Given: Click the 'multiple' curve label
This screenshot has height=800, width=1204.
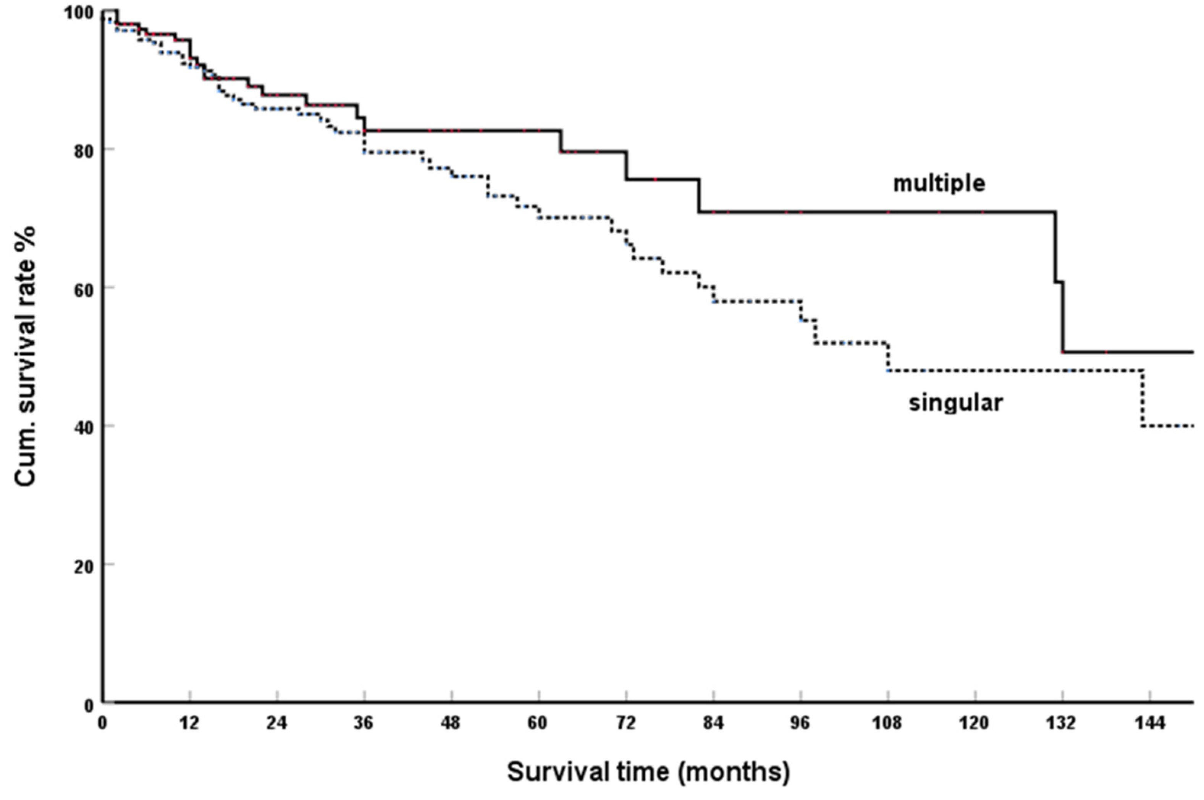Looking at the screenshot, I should tap(939, 184).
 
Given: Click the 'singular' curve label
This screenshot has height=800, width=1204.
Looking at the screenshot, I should tap(955, 403).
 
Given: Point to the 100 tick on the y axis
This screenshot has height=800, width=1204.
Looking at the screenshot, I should tap(79, 13).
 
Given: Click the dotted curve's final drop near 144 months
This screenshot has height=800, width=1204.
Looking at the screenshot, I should tap(1142, 398).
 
